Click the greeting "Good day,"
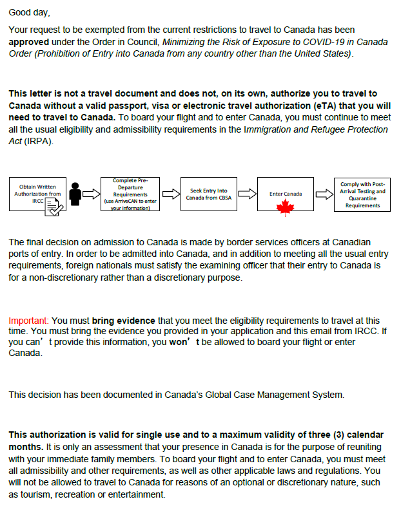tap(29, 12)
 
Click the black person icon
tap(75, 191)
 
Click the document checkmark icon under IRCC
tap(54, 207)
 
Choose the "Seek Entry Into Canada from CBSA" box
tap(208, 194)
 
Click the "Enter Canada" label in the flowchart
tap(285, 193)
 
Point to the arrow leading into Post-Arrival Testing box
tap(324, 193)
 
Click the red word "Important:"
tap(28, 320)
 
